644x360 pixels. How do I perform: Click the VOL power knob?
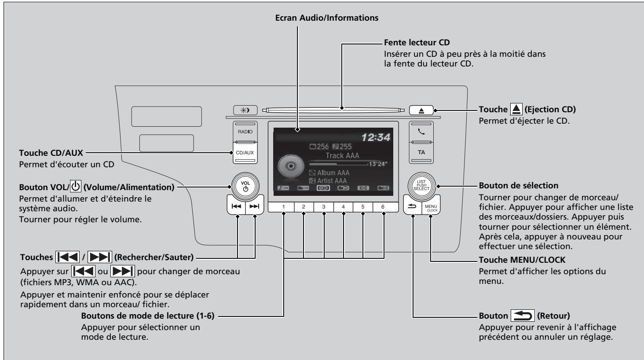pyautogui.click(x=245, y=186)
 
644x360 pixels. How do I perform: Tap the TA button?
pyautogui.click(x=421, y=153)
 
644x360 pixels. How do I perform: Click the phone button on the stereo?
pyautogui.click(x=421, y=132)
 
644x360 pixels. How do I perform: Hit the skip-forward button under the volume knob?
pyautogui.click(x=254, y=206)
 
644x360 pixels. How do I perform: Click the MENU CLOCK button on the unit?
pyautogui.click(x=431, y=207)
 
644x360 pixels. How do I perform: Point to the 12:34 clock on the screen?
pyautogui.click(x=376, y=137)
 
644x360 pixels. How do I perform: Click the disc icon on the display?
pyautogui.click(x=291, y=166)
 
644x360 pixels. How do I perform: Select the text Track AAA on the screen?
pyautogui.click(x=342, y=155)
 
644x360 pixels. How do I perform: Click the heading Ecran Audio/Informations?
pyautogui.click(x=326, y=18)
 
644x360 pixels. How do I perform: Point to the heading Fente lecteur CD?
pyautogui.click(x=417, y=43)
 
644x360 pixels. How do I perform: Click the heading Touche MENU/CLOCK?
pyautogui.click(x=522, y=260)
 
